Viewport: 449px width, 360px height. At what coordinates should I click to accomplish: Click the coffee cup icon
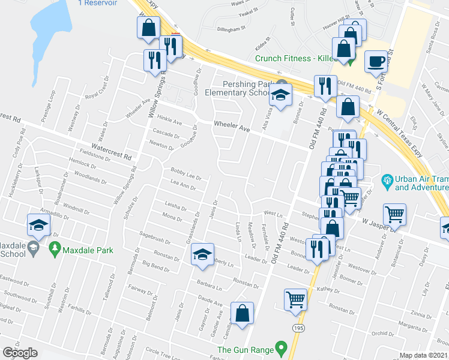tap(376, 61)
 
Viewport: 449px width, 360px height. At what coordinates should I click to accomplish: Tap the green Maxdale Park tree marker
tap(55, 247)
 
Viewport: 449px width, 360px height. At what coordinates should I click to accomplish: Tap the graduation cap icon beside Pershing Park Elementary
tap(280, 94)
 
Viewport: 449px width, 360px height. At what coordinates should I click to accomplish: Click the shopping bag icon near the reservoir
tap(148, 28)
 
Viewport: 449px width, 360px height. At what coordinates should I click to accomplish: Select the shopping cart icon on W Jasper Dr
tap(395, 213)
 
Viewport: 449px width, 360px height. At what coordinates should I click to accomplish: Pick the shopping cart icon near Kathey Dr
tap(295, 299)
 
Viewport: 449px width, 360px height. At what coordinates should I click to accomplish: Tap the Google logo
tap(20, 353)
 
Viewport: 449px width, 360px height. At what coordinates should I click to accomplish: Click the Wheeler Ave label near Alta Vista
tap(232, 128)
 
